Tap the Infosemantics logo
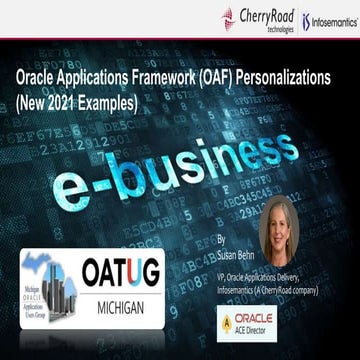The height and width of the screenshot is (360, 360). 330,20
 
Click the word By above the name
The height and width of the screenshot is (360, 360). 221,241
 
